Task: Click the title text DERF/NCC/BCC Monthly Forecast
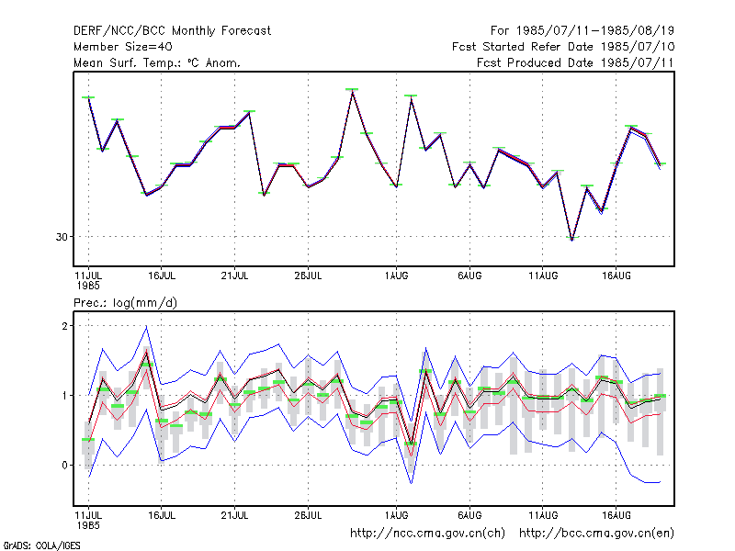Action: pyautogui.click(x=172, y=31)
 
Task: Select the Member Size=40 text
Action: pyautogui.click(x=123, y=47)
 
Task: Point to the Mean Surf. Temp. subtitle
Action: pyautogui.click(x=157, y=62)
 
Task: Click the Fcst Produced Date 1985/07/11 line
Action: pyautogui.click(x=575, y=62)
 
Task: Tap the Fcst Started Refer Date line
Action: pyautogui.click(x=563, y=47)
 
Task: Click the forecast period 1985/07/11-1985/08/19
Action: pyautogui.click(x=594, y=31)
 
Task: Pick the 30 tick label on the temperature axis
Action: pyautogui.click(x=62, y=237)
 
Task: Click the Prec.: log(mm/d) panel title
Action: pyautogui.click(x=125, y=303)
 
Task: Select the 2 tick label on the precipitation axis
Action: pyautogui.click(x=64, y=326)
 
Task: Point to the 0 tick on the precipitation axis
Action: pyautogui.click(x=64, y=466)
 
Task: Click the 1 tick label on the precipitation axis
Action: pyautogui.click(x=64, y=396)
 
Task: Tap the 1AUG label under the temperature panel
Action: pyautogui.click(x=397, y=276)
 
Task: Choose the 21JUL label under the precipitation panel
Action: pyautogui.click(x=234, y=515)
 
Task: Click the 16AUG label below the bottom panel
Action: pyautogui.click(x=616, y=515)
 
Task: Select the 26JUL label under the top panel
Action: pyautogui.click(x=308, y=276)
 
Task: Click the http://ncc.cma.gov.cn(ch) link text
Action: pyautogui.click(x=427, y=534)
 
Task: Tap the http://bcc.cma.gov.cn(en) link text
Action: pyautogui.click(x=596, y=534)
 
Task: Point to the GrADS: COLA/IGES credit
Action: pyautogui.click(x=41, y=545)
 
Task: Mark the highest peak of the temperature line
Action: pyautogui.click(x=353, y=91)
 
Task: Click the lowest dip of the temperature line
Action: pyautogui.click(x=571, y=240)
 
